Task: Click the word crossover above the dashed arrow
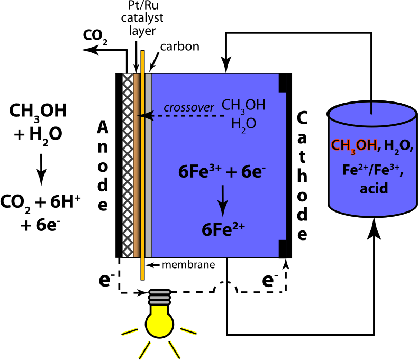[188, 108]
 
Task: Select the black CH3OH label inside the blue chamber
[243, 106]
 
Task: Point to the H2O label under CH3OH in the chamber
[243, 124]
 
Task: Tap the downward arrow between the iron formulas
[223, 200]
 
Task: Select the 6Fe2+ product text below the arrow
[223, 229]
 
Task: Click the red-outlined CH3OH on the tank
[353, 145]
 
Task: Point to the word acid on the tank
[374, 188]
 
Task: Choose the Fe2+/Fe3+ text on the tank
[373, 170]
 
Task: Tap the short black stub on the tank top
[371, 108]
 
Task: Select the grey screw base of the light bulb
[159, 297]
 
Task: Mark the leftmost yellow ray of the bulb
[130, 331]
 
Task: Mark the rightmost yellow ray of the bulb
[188, 331]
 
